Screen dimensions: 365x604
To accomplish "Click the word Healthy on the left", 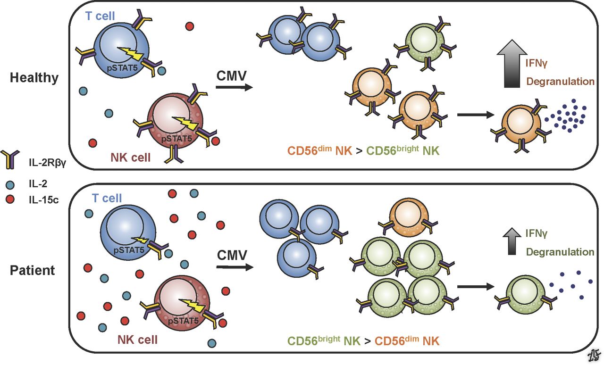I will tap(34, 78).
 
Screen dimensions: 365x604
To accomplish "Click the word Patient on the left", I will tap(32, 271).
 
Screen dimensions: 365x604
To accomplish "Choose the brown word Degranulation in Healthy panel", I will tap(560, 82).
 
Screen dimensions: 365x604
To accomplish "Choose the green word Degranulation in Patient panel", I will tap(560, 252).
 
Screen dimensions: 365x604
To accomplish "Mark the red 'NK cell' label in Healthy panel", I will tap(130, 158).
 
